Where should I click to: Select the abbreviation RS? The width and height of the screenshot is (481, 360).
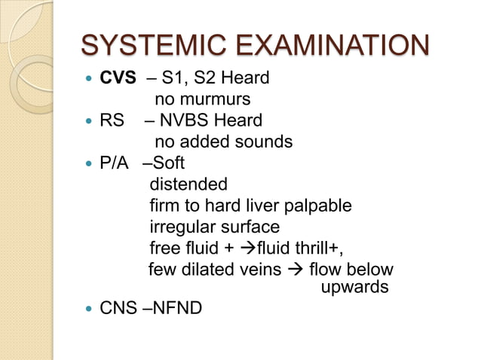coord(112,121)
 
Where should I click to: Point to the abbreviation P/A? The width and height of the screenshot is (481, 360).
coord(116,163)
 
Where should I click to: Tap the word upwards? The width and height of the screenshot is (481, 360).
coord(354,288)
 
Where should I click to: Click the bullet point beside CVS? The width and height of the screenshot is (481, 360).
coord(90,79)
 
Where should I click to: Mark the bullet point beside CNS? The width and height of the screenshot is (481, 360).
coord(90,308)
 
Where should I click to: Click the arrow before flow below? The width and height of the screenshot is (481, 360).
coord(296,269)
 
